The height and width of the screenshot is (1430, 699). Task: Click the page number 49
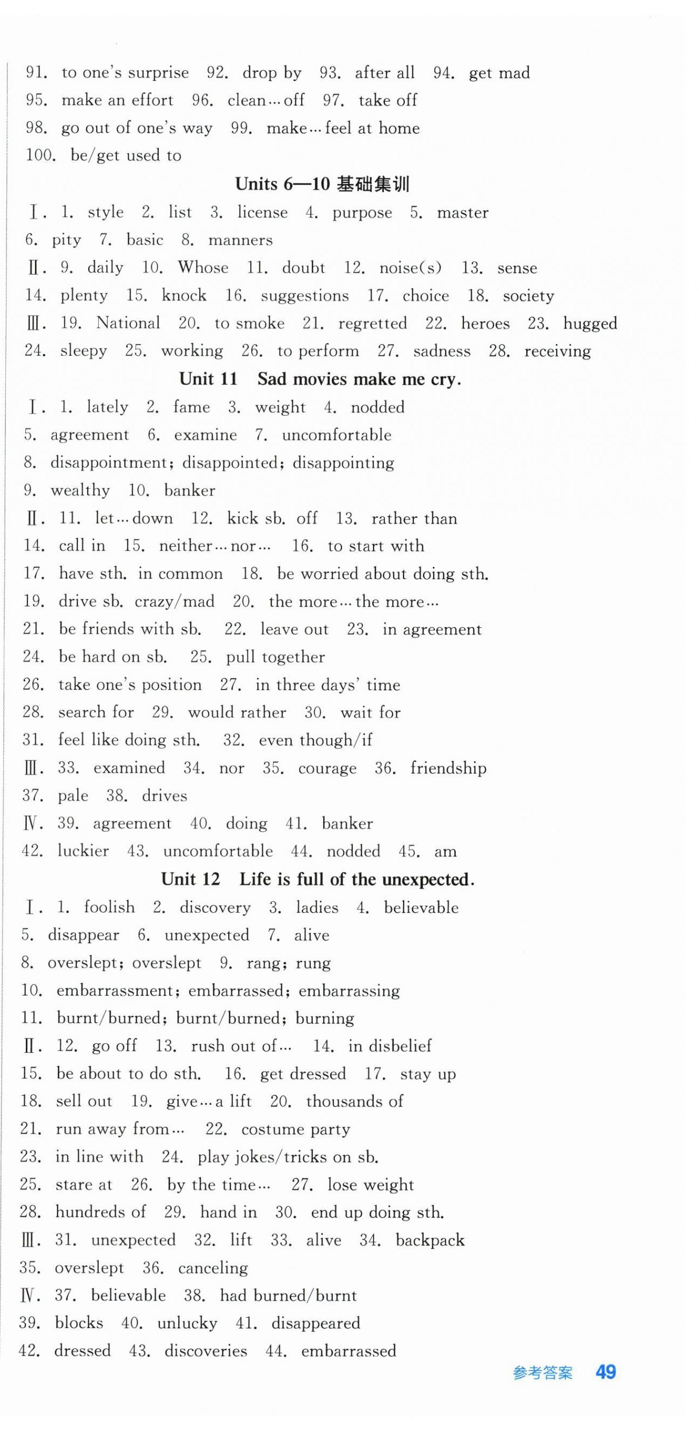click(605, 1372)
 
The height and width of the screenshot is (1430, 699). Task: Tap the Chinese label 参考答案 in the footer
click(542, 1373)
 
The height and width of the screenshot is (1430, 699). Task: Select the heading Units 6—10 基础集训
click(322, 184)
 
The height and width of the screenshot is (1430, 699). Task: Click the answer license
click(262, 212)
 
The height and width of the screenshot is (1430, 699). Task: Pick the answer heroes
click(485, 324)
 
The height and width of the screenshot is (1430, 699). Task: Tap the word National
click(128, 323)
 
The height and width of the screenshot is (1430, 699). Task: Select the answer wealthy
click(80, 491)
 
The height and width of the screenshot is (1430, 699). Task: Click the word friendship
click(448, 768)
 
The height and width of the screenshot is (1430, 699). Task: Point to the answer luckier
click(83, 851)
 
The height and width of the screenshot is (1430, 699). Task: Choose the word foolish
click(109, 907)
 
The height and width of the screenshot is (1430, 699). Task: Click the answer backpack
click(429, 1240)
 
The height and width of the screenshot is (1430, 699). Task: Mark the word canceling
click(213, 1268)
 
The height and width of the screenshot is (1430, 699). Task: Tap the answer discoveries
click(206, 1351)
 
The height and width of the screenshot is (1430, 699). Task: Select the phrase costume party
click(295, 1129)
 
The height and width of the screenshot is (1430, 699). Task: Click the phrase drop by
click(272, 74)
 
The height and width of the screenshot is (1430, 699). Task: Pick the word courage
click(327, 768)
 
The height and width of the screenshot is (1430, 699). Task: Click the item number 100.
click(40, 156)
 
